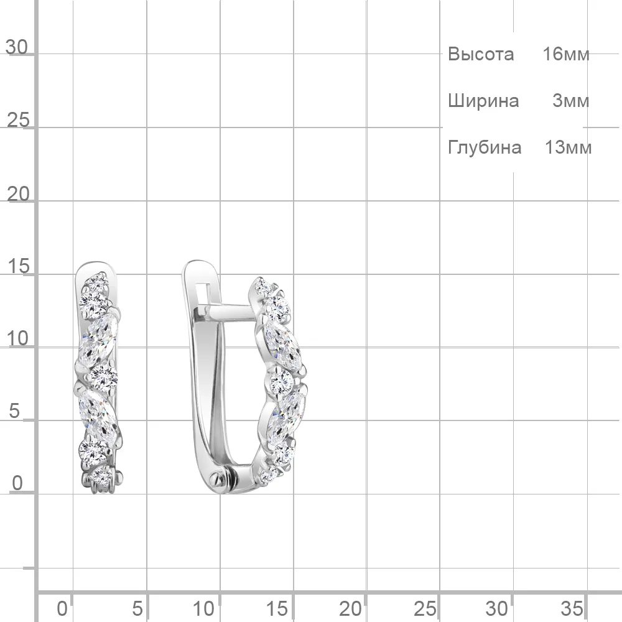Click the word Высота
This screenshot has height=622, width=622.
click(x=481, y=54)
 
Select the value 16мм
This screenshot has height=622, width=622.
click(x=565, y=54)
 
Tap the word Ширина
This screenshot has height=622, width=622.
click(x=483, y=101)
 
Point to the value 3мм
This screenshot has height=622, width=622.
click(x=570, y=101)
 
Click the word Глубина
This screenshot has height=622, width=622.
click(x=485, y=147)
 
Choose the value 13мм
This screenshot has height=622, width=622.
click(x=568, y=147)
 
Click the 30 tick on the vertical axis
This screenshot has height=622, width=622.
click(x=17, y=48)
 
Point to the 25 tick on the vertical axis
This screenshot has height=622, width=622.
click(x=18, y=120)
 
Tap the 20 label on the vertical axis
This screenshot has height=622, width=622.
click(x=18, y=194)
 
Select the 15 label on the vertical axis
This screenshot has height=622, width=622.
click(x=18, y=266)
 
